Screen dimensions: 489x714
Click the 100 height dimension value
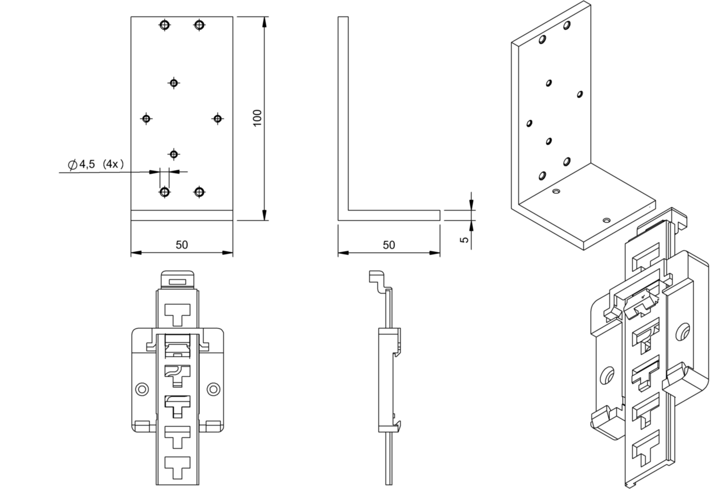click(x=259, y=117)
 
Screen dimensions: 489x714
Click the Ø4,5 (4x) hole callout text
click(x=96, y=164)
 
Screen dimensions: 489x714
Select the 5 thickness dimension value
click(x=464, y=239)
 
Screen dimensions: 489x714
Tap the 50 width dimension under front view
click(x=182, y=244)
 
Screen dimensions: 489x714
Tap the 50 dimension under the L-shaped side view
click(x=389, y=244)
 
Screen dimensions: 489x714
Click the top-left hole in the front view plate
click(x=165, y=24)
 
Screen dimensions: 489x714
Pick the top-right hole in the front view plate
click(x=199, y=24)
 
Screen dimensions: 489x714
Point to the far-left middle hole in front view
click(x=146, y=119)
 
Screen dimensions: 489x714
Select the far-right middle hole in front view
click(x=217, y=119)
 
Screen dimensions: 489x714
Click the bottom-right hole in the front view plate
click(x=199, y=192)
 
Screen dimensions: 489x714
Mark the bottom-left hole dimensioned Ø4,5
click(x=165, y=192)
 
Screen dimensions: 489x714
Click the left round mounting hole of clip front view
click(x=141, y=389)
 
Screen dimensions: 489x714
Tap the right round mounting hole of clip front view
click(x=213, y=389)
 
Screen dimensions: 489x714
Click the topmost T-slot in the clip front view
click(x=177, y=313)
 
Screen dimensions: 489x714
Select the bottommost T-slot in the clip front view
click(x=177, y=465)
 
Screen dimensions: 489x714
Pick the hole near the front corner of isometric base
click(x=607, y=220)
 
